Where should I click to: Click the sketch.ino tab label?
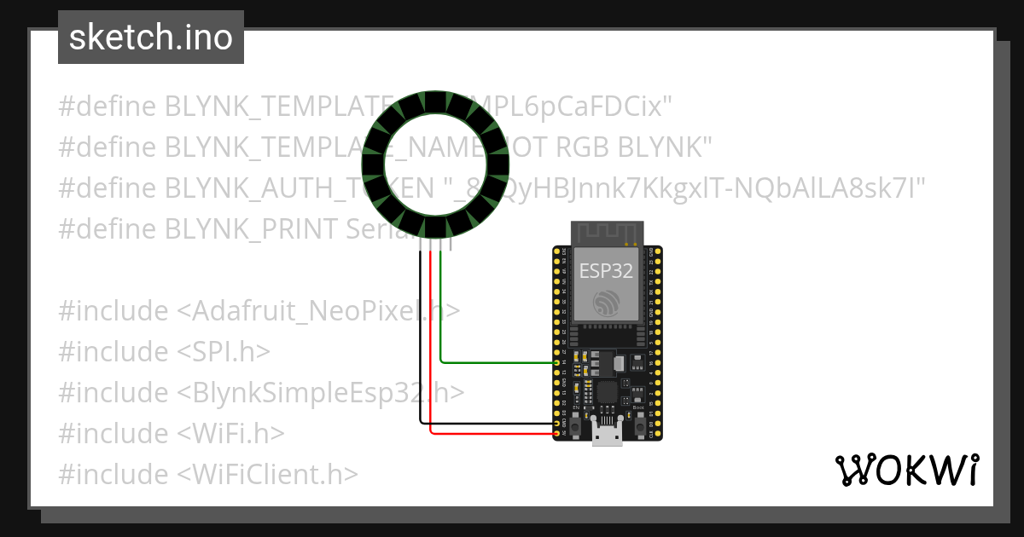coord(150,38)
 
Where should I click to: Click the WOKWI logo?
coord(906,470)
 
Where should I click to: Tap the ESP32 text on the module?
coord(606,271)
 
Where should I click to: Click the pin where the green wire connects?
coord(557,363)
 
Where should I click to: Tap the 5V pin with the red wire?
coord(557,434)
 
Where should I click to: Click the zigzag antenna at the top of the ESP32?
coord(607,232)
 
